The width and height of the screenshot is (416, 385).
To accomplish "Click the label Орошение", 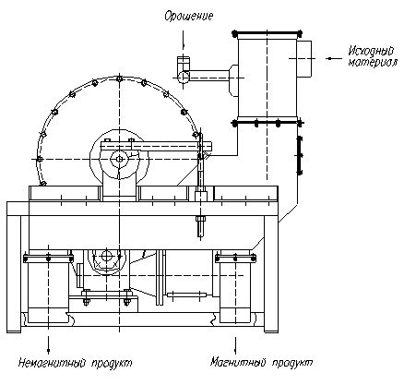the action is coord(188,16).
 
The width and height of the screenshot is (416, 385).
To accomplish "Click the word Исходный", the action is coord(371,51).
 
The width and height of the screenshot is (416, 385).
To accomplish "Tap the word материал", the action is coord(373,62).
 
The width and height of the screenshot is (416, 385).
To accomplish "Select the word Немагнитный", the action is coord(52,363).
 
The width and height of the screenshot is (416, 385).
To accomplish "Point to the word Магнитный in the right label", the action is coord(237,362).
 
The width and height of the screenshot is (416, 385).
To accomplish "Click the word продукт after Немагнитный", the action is coord(113,363).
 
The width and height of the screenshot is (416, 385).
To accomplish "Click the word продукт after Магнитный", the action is coord(292,363).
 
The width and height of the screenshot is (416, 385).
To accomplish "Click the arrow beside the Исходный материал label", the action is coord(334,58).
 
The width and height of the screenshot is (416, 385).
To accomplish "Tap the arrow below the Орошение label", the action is coord(184,40).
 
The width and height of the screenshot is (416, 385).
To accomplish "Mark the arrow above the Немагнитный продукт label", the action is coord(48,344).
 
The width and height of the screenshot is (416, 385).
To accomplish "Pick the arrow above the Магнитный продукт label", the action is coord(235,345).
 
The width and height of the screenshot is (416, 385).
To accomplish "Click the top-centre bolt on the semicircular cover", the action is coord(119,78).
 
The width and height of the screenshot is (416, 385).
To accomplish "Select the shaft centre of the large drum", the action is coord(119,159).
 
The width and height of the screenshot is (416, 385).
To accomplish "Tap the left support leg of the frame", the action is coord(14,274).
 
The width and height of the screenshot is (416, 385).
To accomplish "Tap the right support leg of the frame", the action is coord(271,274).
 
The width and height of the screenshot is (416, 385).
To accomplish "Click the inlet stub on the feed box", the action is coord(304,58).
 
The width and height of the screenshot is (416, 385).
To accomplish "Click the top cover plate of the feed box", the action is coord(267,32).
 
